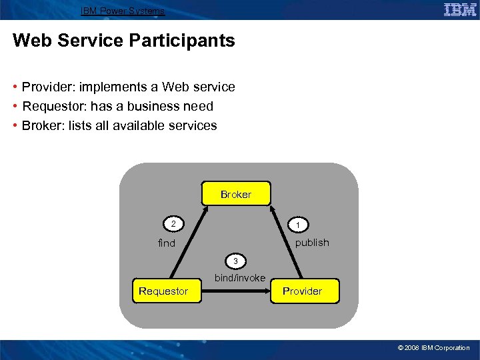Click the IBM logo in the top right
pyautogui.click(x=459, y=9)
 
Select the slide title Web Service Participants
pyautogui.click(x=123, y=41)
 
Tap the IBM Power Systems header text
pyautogui.click(x=122, y=11)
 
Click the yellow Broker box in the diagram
pyautogui.click(x=236, y=194)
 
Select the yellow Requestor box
pyautogui.click(x=163, y=291)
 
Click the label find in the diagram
pyautogui.click(x=167, y=243)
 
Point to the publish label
pyautogui.click(x=312, y=243)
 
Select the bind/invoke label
pyautogui.click(x=239, y=278)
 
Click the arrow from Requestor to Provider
pyautogui.click(x=237, y=291)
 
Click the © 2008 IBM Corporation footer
pyautogui.click(x=433, y=348)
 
